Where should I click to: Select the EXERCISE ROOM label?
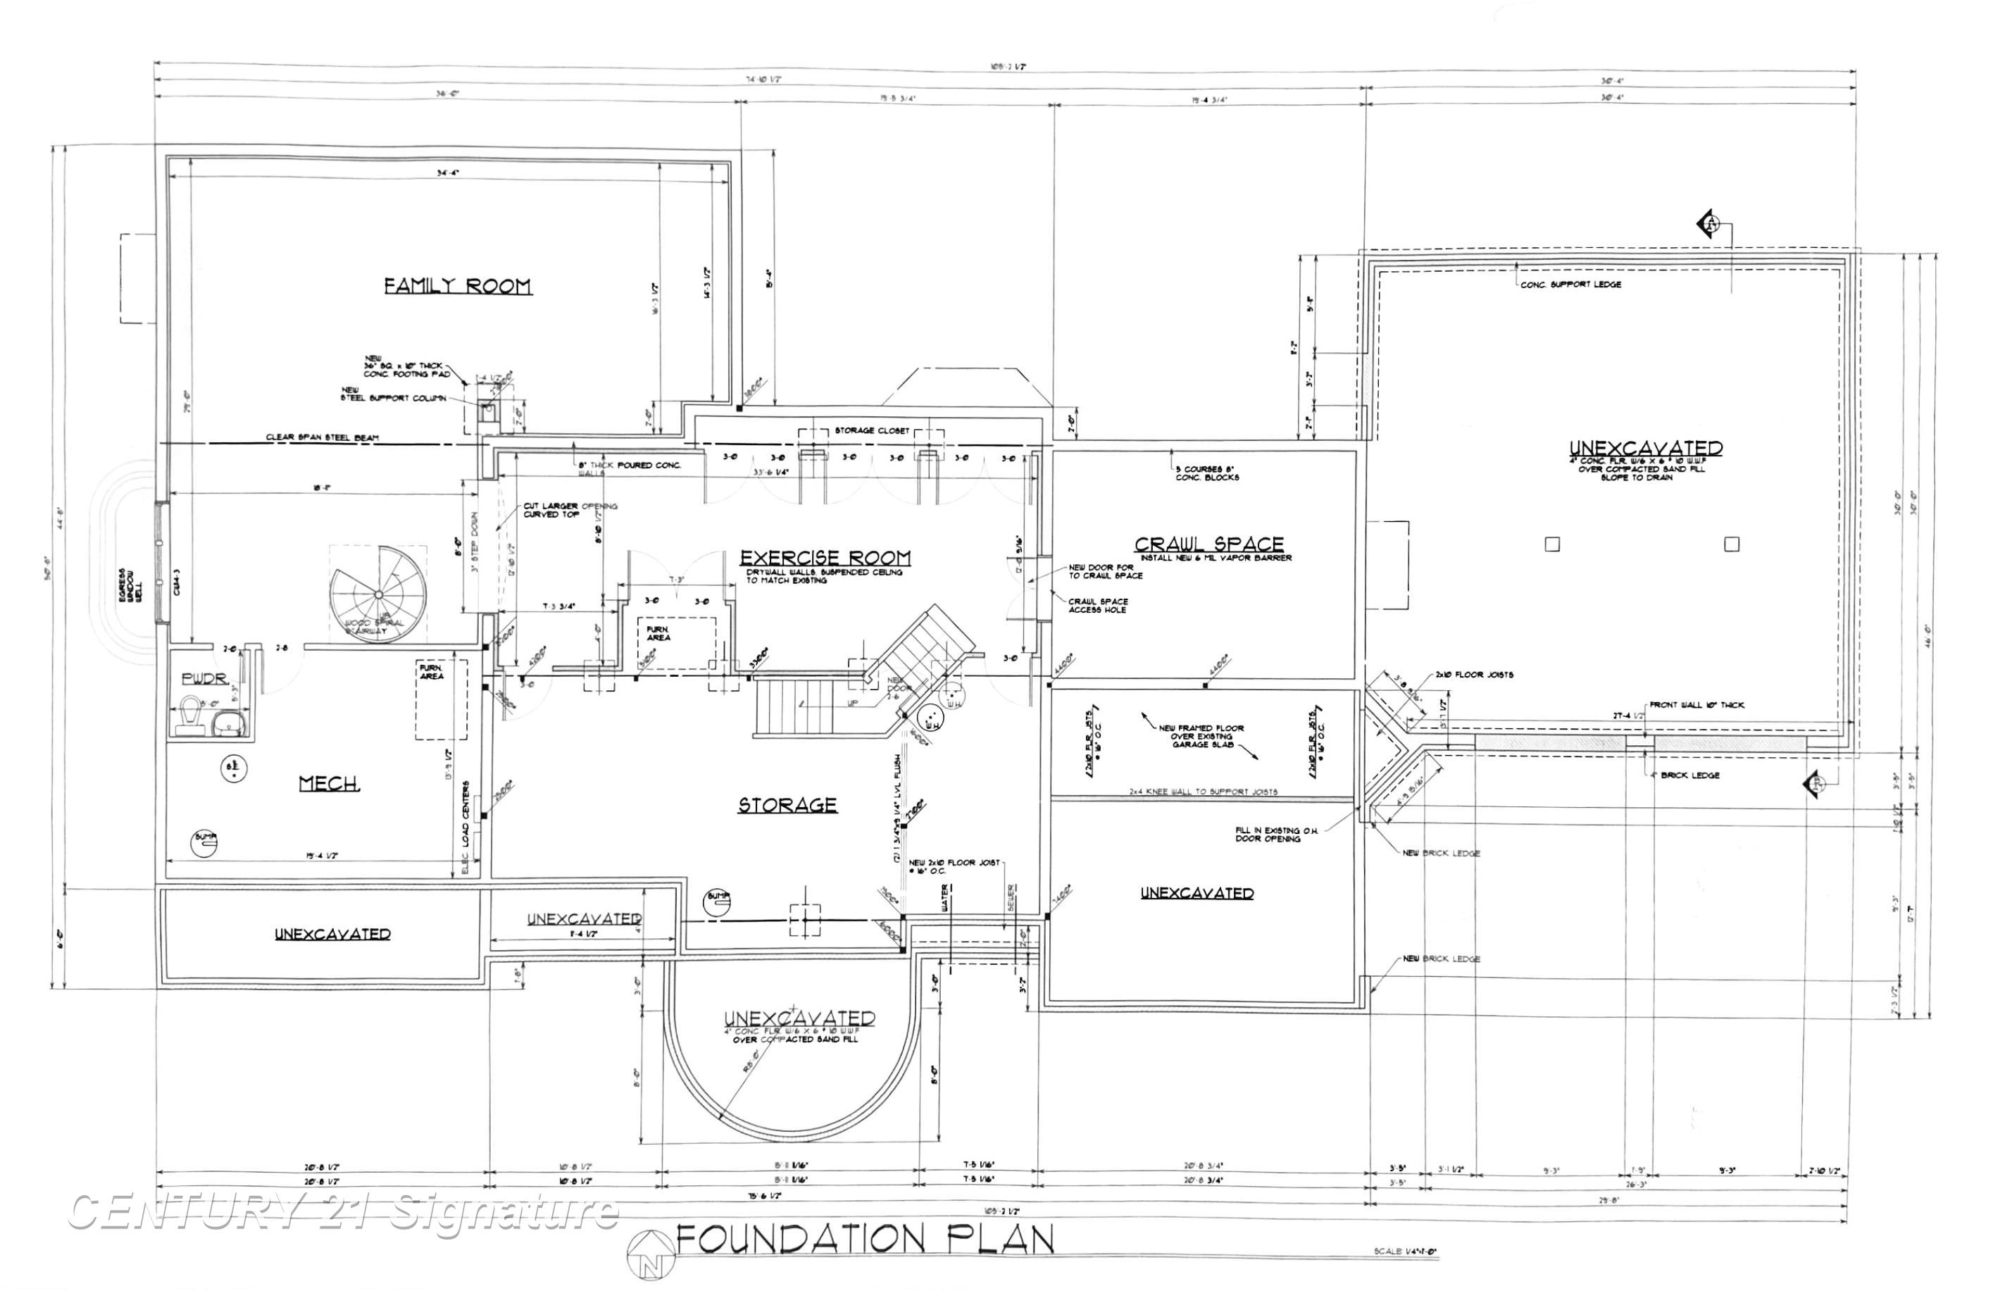pyautogui.click(x=825, y=558)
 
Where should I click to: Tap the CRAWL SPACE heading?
pyautogui.click(x=1208, y=544)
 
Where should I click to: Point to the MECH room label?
pyautogui.click(x=329, y=784)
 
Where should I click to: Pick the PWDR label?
pyautogui.click(x=204, y=678)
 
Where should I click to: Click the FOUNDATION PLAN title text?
pyautogui.click(x=864, y=1240)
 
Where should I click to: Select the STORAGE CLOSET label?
pyautogui.click(x=871, y=430)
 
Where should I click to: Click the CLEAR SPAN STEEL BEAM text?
pyautogui.click(x=322, y=437)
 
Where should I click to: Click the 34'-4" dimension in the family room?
pyautogui.click(x=448, y=173)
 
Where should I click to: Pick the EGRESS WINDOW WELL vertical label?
pyautogui.click(x=130, y=584)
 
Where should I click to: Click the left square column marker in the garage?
pyautogui.click(x=1551, y=544)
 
